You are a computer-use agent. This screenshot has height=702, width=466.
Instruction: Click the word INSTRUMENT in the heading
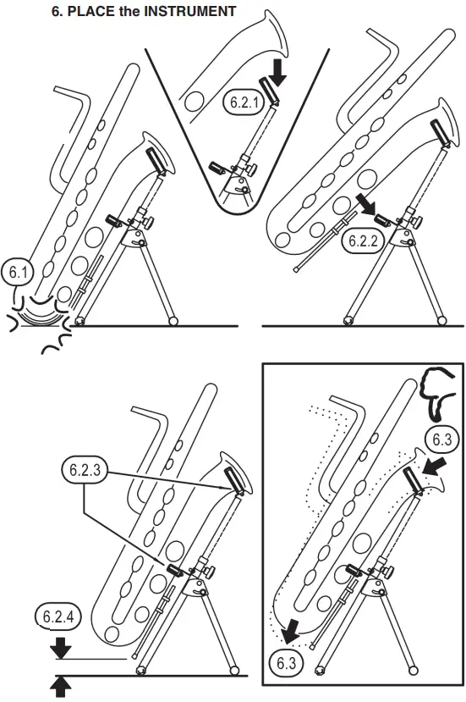(190, 11)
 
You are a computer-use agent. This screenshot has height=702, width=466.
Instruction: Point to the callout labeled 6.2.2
(365, 240)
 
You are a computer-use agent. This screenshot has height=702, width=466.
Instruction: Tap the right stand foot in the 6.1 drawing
(174, 321)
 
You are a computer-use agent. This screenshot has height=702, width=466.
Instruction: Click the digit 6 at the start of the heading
(57, 11)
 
